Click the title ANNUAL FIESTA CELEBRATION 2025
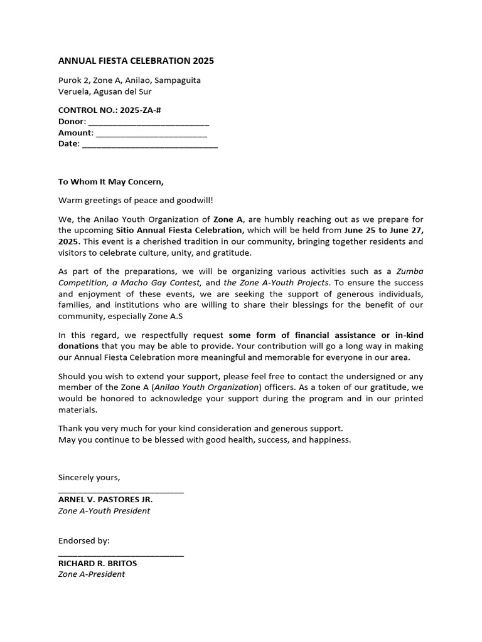(136, 61)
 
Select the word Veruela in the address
(74, 91)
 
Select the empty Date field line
(150, 145)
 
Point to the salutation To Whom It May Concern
(110, 182)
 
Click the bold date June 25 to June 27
(384, 230)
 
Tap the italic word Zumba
(410, 271)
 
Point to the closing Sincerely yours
(89, 477)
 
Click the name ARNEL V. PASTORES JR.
(105, 500)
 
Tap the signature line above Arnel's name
(121, 492)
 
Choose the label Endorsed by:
(84, 540)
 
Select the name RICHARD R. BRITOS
(97, 563)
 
